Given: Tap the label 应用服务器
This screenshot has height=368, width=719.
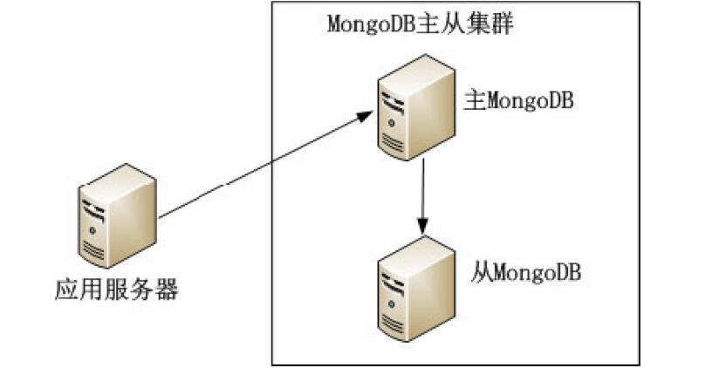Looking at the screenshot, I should click(x=116, y=290).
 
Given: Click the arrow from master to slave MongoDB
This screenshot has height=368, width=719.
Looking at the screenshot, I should click(x=423, y=196).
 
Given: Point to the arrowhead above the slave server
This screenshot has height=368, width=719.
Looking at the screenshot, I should click(x=423, y=227).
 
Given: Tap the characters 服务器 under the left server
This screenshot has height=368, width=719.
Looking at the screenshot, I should click(x=147, y=290).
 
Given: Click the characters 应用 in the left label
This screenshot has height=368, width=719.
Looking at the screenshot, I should click(x=74, y=290).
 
